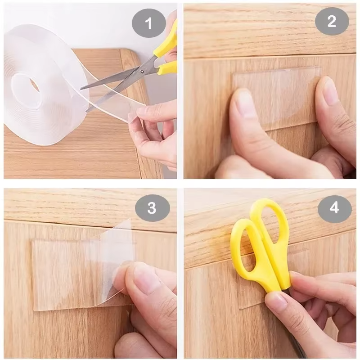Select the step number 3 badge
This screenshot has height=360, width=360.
[152, 207]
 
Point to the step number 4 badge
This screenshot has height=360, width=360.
[334, 207]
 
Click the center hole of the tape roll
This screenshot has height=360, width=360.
[27, 85]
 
